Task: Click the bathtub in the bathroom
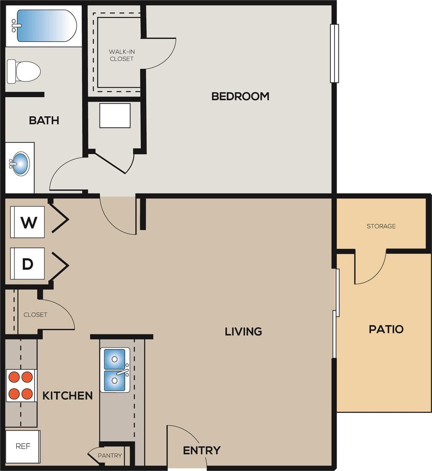click(x=46, y=26)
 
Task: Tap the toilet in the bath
click(x=24, y=71)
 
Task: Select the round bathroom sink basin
click(x=20, y=163)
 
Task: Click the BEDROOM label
click(x=240, y=96)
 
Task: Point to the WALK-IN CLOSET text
click(x=121, y=55)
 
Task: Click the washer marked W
click(x=28, y=222)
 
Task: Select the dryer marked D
click(x=28, y=264)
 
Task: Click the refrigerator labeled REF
click(x=23, y=446)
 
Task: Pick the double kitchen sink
click(x=115, y=370)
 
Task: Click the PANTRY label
click(x=110, y=455)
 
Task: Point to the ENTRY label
click(x=202, y=450)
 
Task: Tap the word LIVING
click(x=243, y=331)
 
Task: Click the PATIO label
click(x=386, y=329)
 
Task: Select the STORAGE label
click(x=381, y=226)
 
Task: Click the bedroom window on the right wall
click(x=334, y=53)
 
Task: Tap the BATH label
click(x=44, y=120)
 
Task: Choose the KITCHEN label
click(x=67, y=396)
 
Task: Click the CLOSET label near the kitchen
click(x=35, y=315)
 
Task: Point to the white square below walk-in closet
click(x=115, y=115)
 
